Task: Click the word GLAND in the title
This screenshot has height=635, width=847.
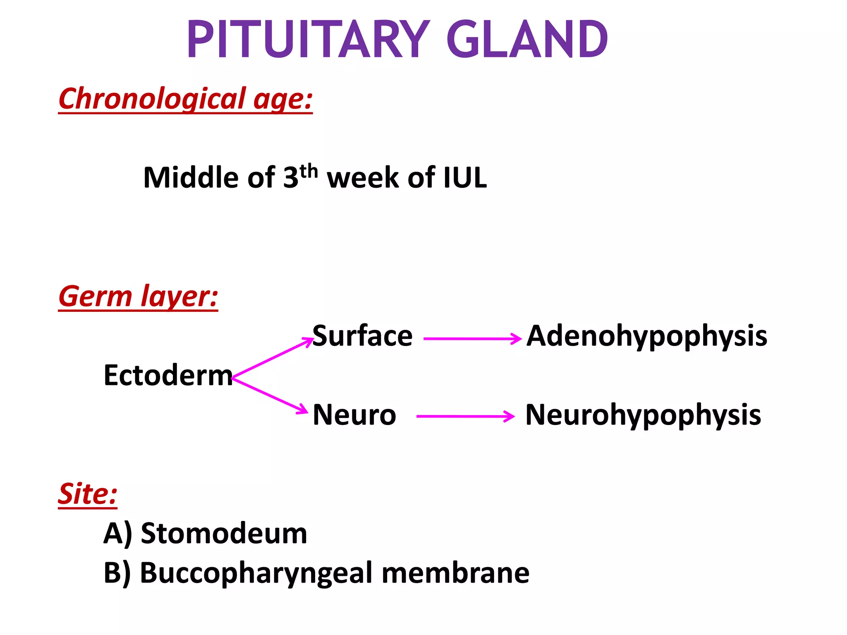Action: click(527, 40)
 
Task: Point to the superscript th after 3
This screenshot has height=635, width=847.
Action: click(309, 171)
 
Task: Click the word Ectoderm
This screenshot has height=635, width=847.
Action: click(168, 375)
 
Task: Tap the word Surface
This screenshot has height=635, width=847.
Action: click(362, 336)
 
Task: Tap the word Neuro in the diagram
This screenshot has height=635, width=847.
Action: click(354, 415)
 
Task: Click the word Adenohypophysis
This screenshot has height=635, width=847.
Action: click(646, 336)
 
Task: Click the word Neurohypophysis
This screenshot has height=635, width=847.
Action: click(643, 415)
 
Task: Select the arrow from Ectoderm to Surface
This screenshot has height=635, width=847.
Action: click(273, 358)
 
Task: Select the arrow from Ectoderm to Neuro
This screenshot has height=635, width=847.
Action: click(271, 395)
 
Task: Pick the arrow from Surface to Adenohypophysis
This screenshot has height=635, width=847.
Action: click(472, 339)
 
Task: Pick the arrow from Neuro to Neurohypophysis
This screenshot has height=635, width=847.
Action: click(465, 416)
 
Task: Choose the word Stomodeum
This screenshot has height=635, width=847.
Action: click(224, 533)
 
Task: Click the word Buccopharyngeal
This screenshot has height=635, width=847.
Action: click(256, 573)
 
